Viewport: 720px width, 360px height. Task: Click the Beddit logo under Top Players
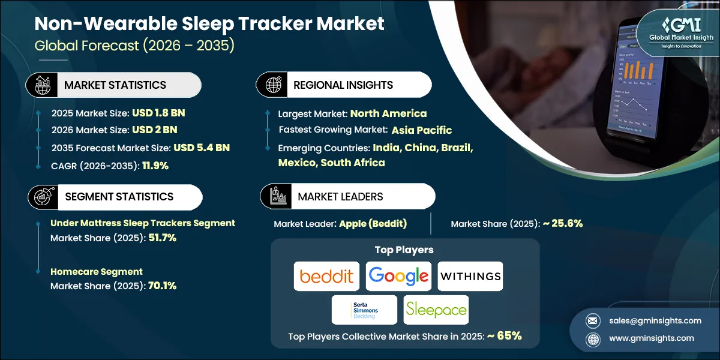pyautogui.click(x=326, y=276)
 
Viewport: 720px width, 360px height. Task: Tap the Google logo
pyautogui.click(x=398, y=276)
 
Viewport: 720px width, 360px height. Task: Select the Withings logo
pyautogui.click(x=470, y=276)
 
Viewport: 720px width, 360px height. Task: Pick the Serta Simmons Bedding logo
pyautogui.click(x=364, y=310)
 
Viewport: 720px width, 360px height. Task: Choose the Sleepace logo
pyautogui.click(x=436, y=310)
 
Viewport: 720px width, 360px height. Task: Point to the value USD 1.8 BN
pyautogui.click(x=154, y=113)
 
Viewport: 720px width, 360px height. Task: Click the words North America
pyautogui.click(x=388, y=113)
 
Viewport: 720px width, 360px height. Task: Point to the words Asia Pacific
pyautogui.click(x=422, y=130)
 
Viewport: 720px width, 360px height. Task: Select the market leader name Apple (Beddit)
pyautogui.click(x=373, y=224)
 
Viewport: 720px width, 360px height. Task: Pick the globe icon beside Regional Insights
pyautogui.click(x=274, y=85)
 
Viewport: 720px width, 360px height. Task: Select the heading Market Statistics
pyautogui.click(x=115, y=85)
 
